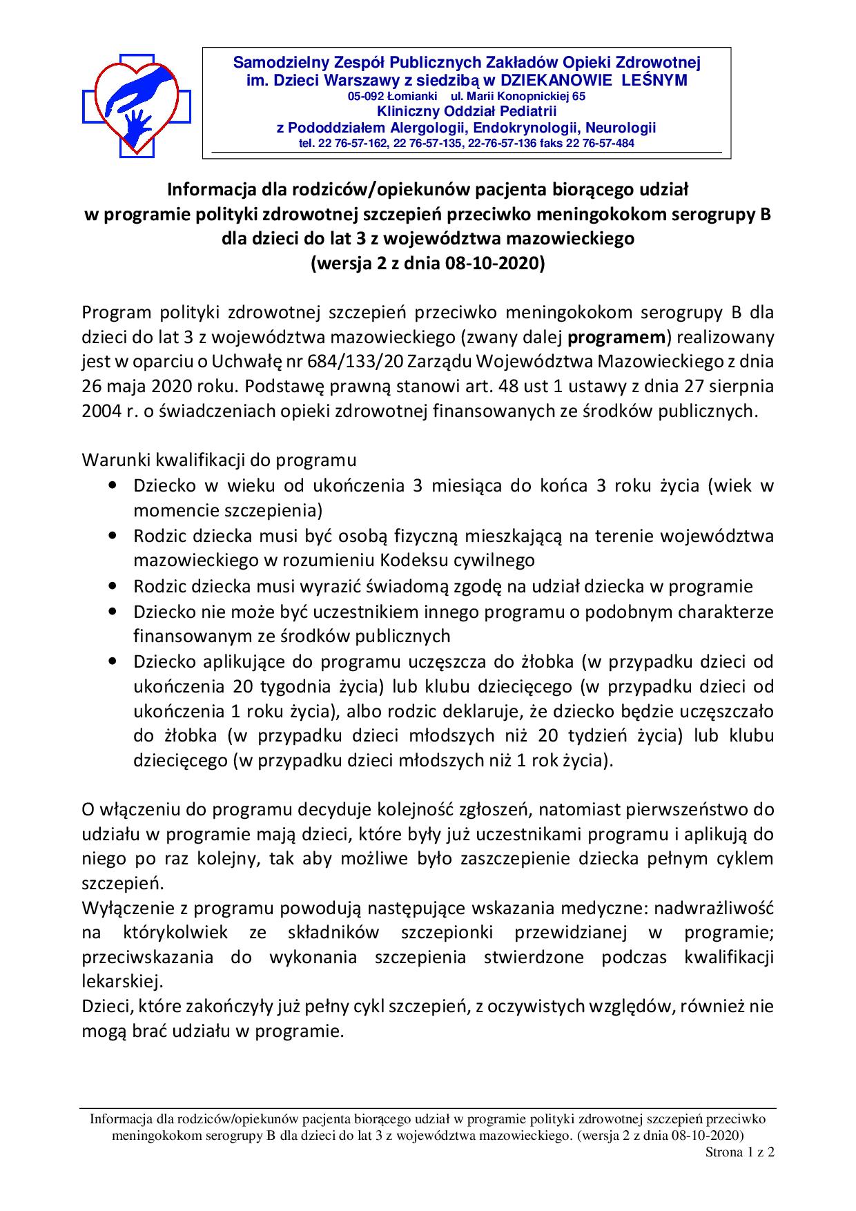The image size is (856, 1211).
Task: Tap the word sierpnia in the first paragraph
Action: pyautogui.click(x=740, y=387)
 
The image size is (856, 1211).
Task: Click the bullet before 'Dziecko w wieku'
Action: pyautogui.click(x=113, y=486)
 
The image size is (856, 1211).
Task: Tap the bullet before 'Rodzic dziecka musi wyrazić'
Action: pyautogui.click(x=113, y=587)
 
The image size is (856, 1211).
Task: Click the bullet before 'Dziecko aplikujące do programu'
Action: pyautogui.click(x=113, y=661)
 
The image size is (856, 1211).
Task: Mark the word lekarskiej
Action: pyautogui.click(x=117, y=982)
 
